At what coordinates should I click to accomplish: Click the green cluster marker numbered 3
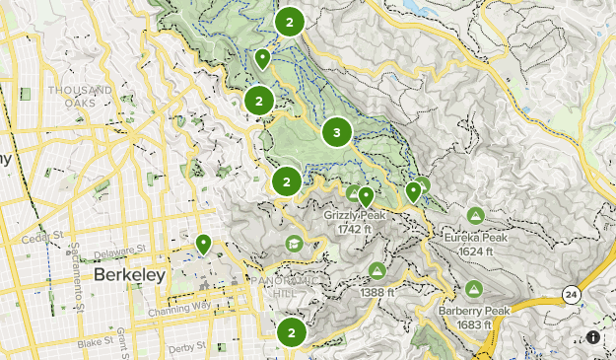[x=337, y=131]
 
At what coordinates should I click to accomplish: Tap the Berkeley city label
[x=129, y=275]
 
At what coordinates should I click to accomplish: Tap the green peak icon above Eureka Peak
[x=475, y=215]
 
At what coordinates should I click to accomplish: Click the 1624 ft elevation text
[x=481, y=251]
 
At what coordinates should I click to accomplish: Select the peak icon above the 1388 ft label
[x=376, y=270]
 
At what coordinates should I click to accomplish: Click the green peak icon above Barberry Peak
[x=473, y=290]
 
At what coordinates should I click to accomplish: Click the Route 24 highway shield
[x=571, y=295]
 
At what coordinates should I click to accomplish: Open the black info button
[x=593, y=337]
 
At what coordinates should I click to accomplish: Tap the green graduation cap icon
[x=293, y=244]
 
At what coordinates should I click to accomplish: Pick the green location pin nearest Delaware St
[x=203, y=244]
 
